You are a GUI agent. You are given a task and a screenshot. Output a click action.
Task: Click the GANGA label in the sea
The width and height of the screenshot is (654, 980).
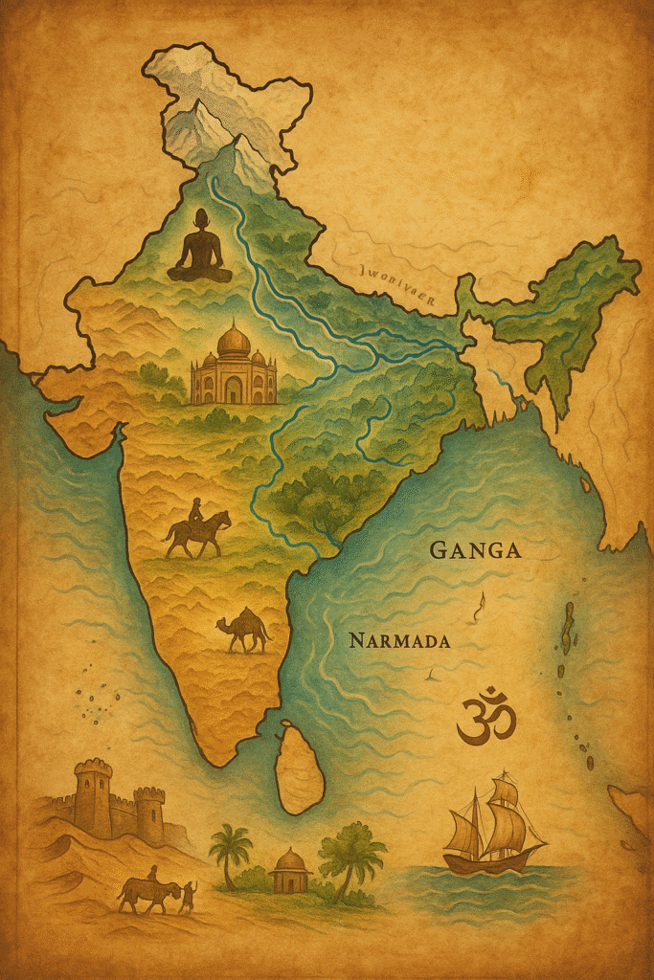coord(475,550)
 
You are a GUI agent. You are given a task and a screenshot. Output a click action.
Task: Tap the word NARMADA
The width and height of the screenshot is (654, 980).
coord(399,640)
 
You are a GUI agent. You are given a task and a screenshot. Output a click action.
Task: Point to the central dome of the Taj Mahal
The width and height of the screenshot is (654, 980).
coord(234,341)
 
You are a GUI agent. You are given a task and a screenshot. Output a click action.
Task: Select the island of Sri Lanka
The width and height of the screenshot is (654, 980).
coord(299,767)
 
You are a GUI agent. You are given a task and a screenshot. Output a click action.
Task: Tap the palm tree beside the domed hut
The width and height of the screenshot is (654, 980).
coord(231,851)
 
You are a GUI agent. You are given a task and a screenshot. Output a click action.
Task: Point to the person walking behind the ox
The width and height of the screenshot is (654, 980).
coord(189,894)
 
